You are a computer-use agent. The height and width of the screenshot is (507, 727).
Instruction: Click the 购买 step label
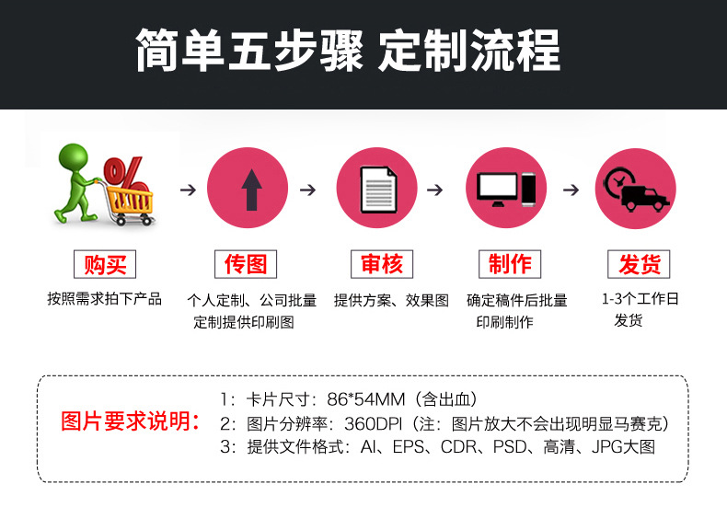104,265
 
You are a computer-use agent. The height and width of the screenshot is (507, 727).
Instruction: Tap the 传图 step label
246,264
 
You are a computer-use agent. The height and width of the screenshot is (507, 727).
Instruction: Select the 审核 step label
376,264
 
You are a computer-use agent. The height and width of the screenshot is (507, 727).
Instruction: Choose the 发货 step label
639,265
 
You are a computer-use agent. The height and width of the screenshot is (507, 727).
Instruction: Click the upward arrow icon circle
248,189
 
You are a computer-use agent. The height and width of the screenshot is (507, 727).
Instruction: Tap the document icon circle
376,189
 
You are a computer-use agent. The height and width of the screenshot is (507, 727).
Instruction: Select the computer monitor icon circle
506,189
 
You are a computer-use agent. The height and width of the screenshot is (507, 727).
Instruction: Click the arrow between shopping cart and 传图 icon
188,190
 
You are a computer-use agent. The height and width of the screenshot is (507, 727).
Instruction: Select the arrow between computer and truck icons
571,190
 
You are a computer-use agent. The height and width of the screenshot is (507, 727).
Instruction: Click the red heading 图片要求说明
131,422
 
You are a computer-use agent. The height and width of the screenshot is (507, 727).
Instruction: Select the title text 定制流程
468,52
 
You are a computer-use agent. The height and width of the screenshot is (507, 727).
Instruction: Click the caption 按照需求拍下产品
104,299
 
